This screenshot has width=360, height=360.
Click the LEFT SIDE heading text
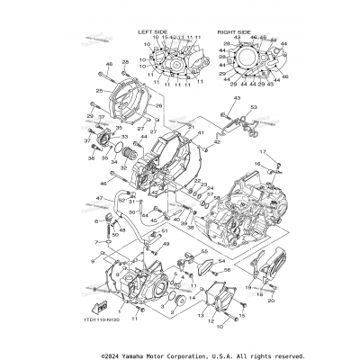(154, 31)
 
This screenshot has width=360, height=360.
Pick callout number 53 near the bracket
(254, 107)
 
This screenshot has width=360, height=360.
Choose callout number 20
(270, 302)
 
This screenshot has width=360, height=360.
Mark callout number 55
(203, 253)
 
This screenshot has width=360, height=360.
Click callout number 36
(92, 158)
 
